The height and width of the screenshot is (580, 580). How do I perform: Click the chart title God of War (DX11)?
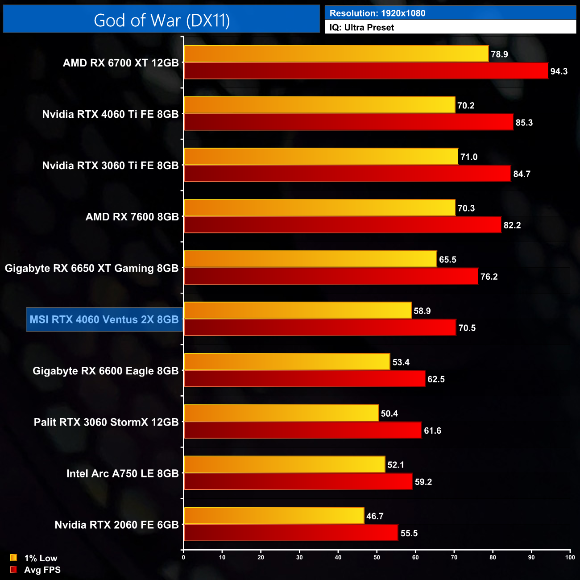(162, 21)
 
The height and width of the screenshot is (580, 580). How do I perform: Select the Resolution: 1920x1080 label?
(377, 13)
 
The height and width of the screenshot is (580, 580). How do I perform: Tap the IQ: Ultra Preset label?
(361, 28)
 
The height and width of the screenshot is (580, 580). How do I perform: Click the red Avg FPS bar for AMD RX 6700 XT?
(366, 71)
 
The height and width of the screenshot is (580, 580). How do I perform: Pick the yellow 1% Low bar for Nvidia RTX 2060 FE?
(274, 516)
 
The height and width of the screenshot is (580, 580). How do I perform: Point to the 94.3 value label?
(559, 71)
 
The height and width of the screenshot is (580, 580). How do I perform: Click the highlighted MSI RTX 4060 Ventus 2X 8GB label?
(104, 319)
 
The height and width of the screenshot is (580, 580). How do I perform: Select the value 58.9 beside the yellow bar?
(422, 311)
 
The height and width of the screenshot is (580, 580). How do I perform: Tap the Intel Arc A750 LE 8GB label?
(122, 473)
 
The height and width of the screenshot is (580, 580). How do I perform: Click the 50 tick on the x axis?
(377, 557)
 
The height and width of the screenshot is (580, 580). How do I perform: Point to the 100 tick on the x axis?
(570, 557)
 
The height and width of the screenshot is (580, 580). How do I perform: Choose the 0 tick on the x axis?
(183, 557)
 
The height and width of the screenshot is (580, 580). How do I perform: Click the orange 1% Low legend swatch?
(13, 558)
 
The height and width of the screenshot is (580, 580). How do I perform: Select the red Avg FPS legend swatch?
(13, 569)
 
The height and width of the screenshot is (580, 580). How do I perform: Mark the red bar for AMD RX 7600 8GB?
(343, 225)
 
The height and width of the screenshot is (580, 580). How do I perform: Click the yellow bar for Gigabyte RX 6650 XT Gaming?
(310, 259)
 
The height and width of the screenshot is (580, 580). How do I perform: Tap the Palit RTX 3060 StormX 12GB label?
(106, 422)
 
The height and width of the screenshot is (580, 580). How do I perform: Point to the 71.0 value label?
(469, 157)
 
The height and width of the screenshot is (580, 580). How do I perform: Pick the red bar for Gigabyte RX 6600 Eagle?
(304, 379)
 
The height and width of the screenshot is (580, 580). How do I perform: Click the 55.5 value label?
(409, 533)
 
